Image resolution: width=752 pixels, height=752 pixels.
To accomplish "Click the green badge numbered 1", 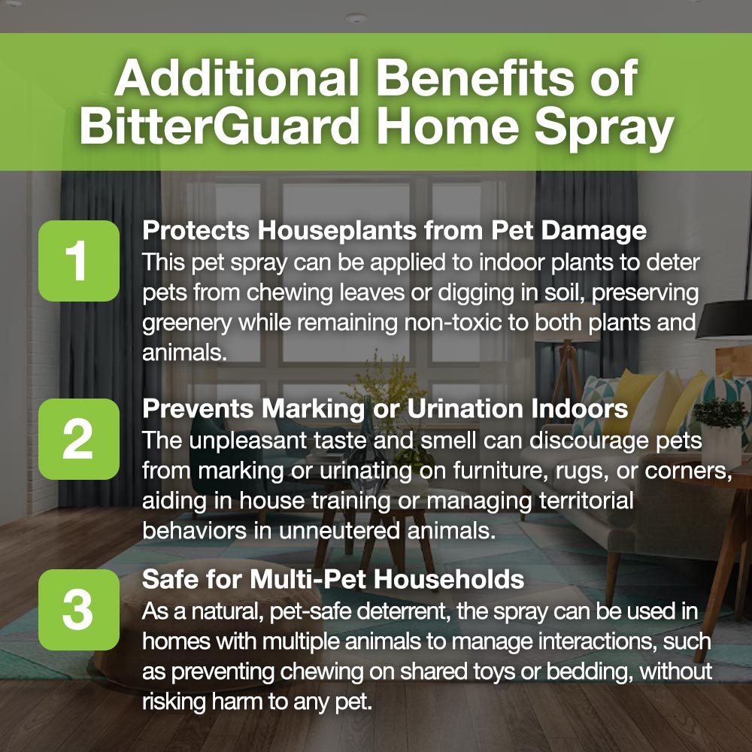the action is [x=79, y=261].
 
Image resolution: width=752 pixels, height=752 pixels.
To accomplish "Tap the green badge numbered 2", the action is [x=79, y=439].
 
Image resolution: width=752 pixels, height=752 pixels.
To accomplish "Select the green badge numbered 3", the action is [x=79, y=610].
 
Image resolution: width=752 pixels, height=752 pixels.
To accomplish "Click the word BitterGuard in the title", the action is [x=220, y=126].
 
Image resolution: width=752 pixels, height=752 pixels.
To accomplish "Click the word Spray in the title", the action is [x=605, y=129].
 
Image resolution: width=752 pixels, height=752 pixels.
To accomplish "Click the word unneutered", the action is [x=338, y=531].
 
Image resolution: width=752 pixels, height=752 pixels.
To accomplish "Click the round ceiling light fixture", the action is [x=356, y=18].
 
